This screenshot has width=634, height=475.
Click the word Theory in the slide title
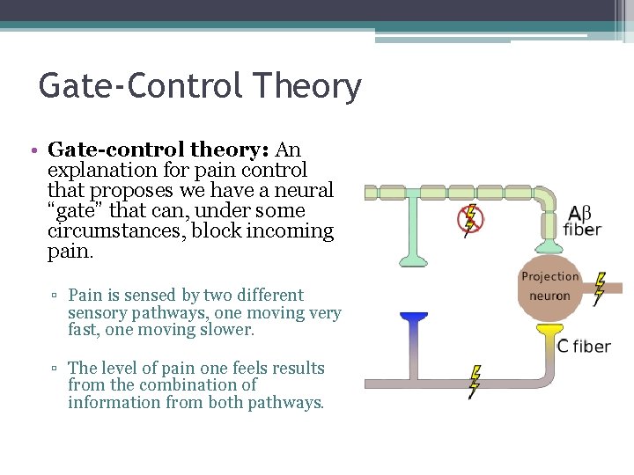pos(306,86)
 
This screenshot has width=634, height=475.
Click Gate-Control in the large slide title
pos(142,86)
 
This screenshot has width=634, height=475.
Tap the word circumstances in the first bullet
pos(105,232)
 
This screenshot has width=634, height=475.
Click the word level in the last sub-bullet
pos(122,368)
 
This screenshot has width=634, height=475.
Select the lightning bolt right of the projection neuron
pos(600,288)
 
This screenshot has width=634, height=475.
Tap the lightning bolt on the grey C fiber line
pos(475,381)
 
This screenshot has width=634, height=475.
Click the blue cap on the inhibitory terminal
pos(413,316)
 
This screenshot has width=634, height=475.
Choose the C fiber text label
pos(583,347)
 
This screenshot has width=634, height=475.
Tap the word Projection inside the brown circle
pos(549,276)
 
